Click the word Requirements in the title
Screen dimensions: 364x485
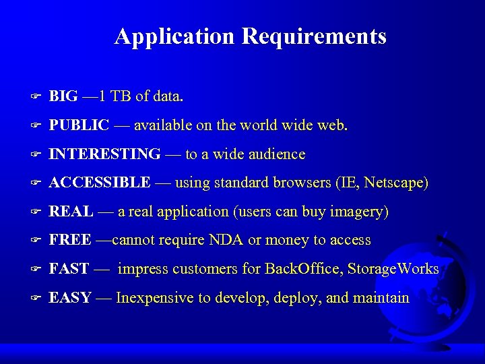[x=314, y=36]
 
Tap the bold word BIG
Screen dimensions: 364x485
[x=63, y=96]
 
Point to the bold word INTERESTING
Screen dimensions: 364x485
[x=105, y=154]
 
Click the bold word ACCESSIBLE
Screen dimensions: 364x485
[x=100, y=183]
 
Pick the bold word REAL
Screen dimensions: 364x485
[x=71, y=212]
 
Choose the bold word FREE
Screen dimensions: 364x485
[x=70, y=241]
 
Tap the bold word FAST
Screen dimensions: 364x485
[x=69, y=269]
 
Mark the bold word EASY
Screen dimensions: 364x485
[x=70, y=298]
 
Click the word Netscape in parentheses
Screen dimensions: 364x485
[x=395, y=183]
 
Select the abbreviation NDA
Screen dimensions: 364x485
[x=224, y=241]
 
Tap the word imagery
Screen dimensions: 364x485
[x=359, y=212]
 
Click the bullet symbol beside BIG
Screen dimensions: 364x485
[x=38, y=96]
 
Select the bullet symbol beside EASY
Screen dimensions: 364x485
[x=38, y=298]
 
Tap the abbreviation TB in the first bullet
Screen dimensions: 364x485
[x=121, y=96]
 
